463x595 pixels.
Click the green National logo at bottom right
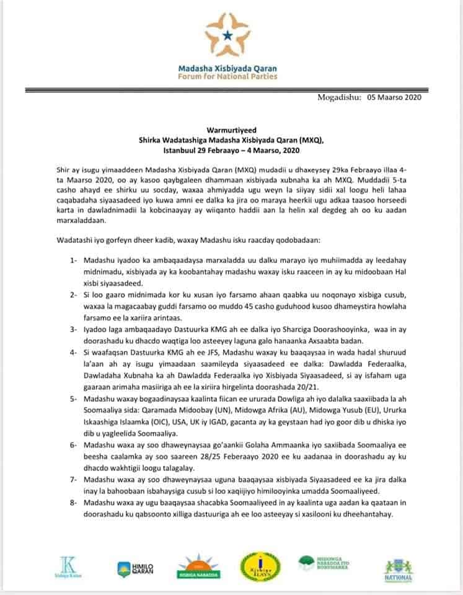point(399,570)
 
